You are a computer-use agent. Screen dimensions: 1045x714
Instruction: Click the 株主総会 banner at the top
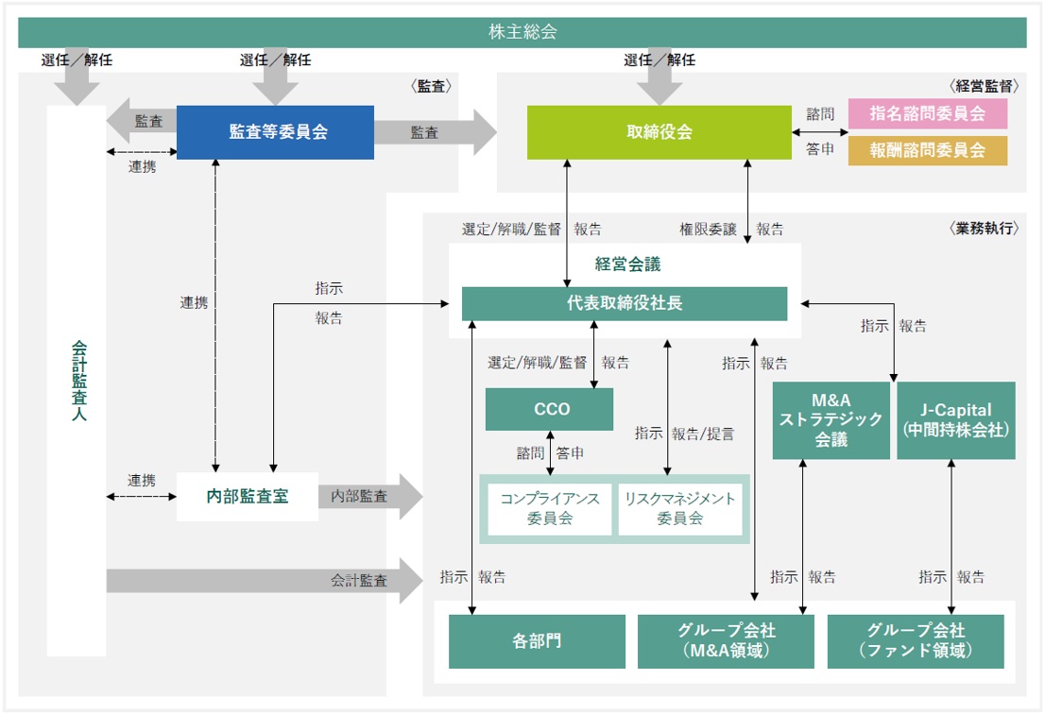point(522,32)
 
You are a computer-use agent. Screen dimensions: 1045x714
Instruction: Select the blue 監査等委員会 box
point(275,132)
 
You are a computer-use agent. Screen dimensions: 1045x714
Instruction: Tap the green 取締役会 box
point(660,132)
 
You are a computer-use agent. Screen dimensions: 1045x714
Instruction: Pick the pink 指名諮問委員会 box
point(927,113)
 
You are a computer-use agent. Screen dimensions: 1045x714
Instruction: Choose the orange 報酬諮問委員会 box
point(927,150)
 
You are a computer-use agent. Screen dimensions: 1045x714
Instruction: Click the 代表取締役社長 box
point(625,304)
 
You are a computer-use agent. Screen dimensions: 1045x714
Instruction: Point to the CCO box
point(549,409)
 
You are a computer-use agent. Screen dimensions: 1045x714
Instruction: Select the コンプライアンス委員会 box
point(550,509)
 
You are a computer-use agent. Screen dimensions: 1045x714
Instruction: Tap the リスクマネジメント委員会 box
point(679,509)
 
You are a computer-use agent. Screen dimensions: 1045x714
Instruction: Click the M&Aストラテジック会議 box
point(831,420)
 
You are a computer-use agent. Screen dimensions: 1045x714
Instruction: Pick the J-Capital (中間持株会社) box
point(955,420)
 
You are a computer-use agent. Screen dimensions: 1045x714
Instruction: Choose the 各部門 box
point(538,641)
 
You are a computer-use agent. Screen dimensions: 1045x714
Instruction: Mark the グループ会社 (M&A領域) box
point(726,641)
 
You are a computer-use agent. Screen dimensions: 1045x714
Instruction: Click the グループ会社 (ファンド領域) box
point(916,641)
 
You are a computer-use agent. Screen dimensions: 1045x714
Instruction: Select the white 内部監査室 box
point(248,496)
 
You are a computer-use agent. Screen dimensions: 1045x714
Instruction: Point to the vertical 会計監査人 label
point(78,381)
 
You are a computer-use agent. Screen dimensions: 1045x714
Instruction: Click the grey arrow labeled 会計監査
point(265,581)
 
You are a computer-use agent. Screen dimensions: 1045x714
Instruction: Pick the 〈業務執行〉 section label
point(984,229)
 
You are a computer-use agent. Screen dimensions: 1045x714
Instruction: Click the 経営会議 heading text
point(627,264)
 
